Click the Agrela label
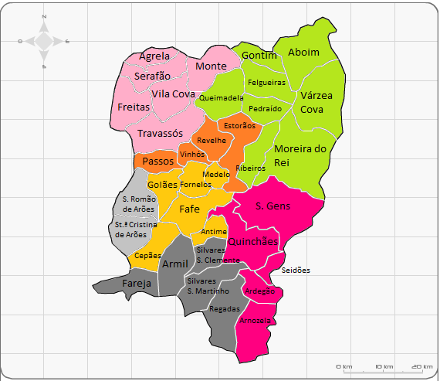[154, 56]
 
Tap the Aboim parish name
[303, 52]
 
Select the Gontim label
[259, 56]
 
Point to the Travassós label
[160, 134]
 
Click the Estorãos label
[239, 125]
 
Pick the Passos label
[158, 162]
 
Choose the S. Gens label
[273, 206]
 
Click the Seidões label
[295, 270]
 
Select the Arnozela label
[256, 320]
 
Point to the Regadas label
[225, 308]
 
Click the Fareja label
[137, 284]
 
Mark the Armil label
[175, 265]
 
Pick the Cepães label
[147, 255]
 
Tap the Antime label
[214, 232]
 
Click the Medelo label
[216, 175]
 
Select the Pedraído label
[265, 109]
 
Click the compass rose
[44, 42]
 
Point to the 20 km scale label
[421, 366]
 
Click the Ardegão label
[259, 291]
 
